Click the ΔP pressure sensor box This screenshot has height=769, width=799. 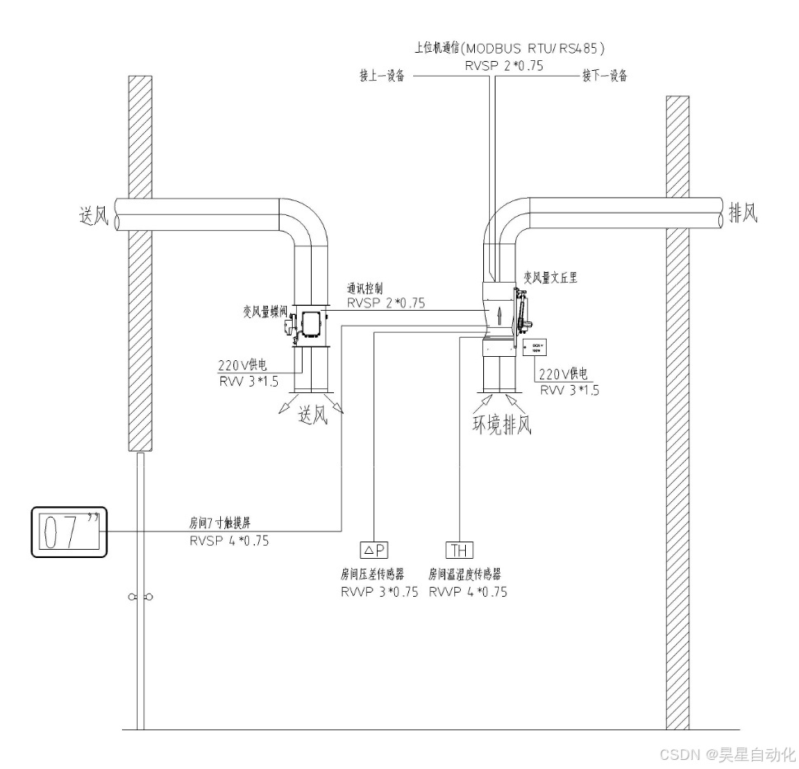click(x=374, y=551)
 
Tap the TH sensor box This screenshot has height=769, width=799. click(x=459, y=551)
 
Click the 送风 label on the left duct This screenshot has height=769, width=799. click(x=90, y=216)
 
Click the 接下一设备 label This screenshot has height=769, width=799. click(x=604, y=76)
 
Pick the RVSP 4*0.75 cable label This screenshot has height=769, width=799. click(x=228, y=542)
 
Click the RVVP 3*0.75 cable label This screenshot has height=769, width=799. click(x=379, y=592)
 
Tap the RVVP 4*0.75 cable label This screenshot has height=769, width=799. click(x=468, y=592)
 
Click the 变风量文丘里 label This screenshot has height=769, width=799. click(x=550, y=278)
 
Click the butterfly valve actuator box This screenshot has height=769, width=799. click(x=312, y=325)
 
